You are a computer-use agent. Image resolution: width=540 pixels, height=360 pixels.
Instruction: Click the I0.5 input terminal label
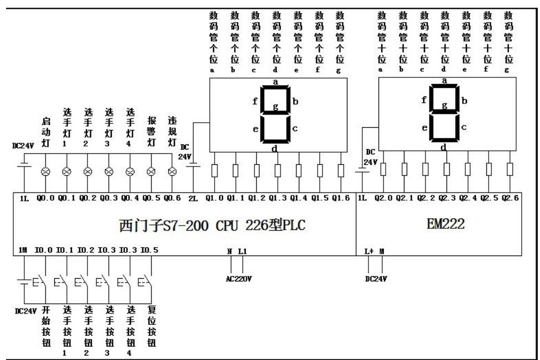pyautogui.click(x=149, y=251)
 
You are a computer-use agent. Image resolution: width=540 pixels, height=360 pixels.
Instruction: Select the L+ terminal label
pyautogui.click(x=369, y=251)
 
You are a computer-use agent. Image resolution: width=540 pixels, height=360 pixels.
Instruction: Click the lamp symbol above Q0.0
pyautogui.click(x=46, y=172)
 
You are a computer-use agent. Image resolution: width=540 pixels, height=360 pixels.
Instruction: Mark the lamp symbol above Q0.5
pyautogui.click(x=151, y=172)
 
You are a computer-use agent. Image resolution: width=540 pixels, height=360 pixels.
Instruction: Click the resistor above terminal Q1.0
pyautogui.click(x=215, y=170)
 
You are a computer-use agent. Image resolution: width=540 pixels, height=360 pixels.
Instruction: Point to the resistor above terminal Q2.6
pyautogui.click(x=510, y=169)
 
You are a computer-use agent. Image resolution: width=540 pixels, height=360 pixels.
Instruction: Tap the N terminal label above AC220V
pyautogui.click(x=230, y=251)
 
